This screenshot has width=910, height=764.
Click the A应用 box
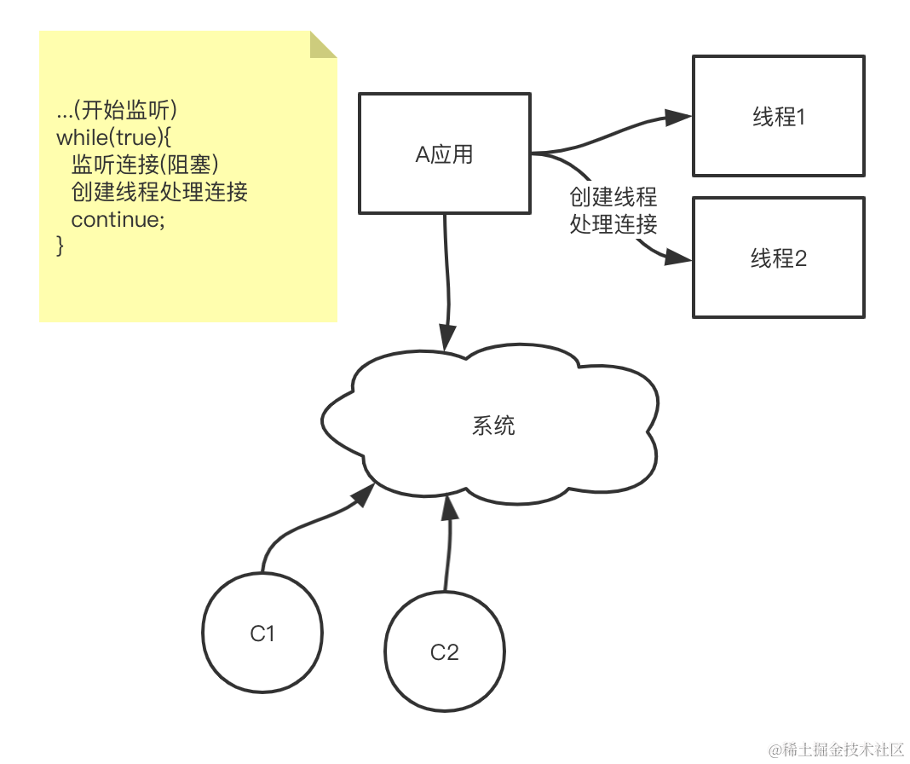tap(444, 153)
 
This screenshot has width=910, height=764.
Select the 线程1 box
tap(779, 116)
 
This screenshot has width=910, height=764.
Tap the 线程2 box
tap(779, 258)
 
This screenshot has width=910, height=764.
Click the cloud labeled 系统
tap(492, 425)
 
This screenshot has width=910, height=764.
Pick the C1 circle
tap(262, 633)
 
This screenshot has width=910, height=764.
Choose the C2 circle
tap(444, 652)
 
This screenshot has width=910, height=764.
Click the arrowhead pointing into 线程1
tap(678, 118)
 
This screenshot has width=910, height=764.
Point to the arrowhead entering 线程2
tap(678, 257)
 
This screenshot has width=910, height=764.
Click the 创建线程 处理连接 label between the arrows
tap(613, 211)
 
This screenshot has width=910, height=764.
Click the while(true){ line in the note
tap(114, 136)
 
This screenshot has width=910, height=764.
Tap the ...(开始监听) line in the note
tap(116, 110)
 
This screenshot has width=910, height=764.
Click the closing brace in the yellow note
tap(60, 246)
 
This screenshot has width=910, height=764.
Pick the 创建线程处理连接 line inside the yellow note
tap(159, 192)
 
